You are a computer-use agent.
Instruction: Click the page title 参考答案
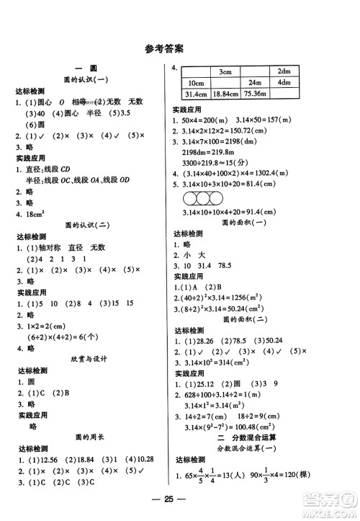click(x=163, y=50)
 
